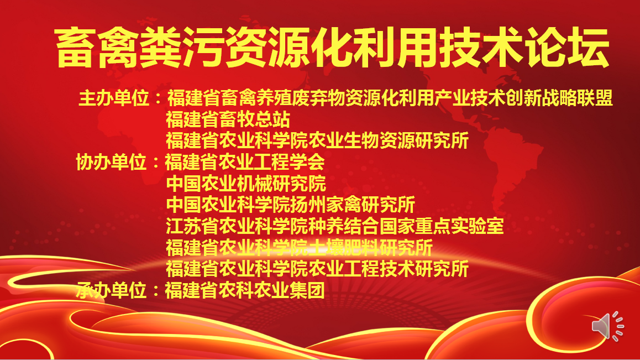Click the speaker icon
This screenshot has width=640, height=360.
(x=607, y=326)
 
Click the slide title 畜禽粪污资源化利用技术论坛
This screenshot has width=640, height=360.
(x=332, y=48)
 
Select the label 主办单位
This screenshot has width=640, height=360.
(x=114, y=98)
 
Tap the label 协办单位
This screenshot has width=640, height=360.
(x=112, y=162)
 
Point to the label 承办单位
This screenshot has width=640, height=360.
(x=112, y=290)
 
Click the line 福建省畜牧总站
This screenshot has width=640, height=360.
(x=228, y=119)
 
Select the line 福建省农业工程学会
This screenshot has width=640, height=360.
(x=245, y=162)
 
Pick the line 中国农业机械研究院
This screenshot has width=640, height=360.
(x=246, y=184)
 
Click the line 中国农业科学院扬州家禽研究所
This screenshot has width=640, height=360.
(x=291, y=205)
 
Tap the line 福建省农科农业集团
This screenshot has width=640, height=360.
(x=245, y=290)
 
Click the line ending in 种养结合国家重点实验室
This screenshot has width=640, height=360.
(x=335, y=226)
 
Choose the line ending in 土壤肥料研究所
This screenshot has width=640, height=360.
(x=299, y=248)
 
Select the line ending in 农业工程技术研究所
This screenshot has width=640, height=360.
(x=317, y=269)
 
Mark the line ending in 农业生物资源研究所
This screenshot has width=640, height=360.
(x=317, y=140)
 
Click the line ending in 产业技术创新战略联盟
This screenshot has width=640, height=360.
(x=390, y=98)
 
